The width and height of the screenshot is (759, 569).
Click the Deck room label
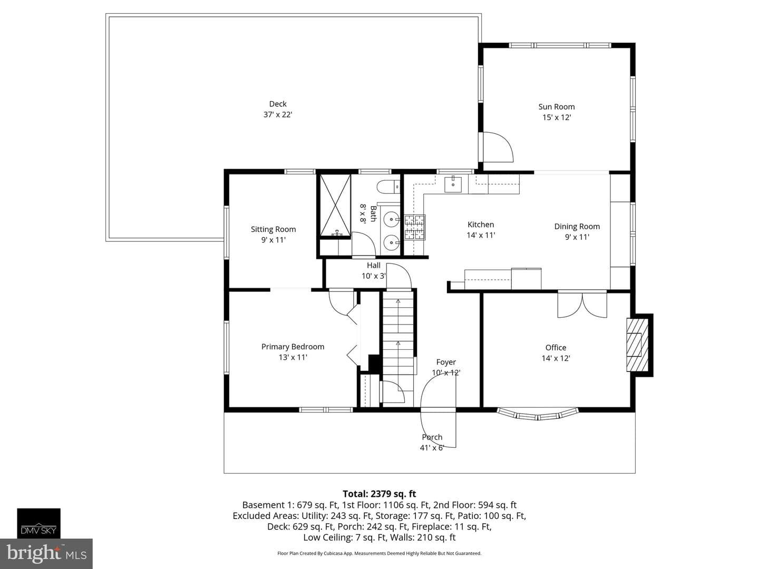[x=278, y=104]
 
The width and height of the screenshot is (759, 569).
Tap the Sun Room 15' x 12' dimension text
[x=557, y=117]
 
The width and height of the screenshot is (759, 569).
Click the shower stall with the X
[x=335, y=205]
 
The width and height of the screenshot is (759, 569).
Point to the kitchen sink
[x=453, y=183]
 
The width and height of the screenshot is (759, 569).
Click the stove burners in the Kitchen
[x=415, y=227]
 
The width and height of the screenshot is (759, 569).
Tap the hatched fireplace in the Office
[x=637, y=345]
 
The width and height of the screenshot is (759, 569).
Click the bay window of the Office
[x=537, y=414]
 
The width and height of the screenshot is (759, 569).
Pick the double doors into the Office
[x=582, y=305]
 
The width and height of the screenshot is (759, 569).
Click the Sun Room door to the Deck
[x=497, y=147]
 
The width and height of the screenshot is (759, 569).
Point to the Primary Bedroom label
[x=293, y=347]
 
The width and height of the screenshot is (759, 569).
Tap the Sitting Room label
[x=273, y=229]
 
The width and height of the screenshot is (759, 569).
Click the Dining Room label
[x=577, y=227]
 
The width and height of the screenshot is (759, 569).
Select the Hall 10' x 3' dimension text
[x=374, y=276]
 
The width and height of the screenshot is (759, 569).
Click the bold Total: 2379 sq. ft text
[x=379, y=494]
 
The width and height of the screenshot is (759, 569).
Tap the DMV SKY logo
[x=38, y=523]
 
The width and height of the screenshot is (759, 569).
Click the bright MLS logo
[x=46, y=553]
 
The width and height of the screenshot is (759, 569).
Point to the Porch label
[x=432, y=437]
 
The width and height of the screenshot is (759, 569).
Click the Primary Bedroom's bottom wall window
[x=326, y=410]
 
